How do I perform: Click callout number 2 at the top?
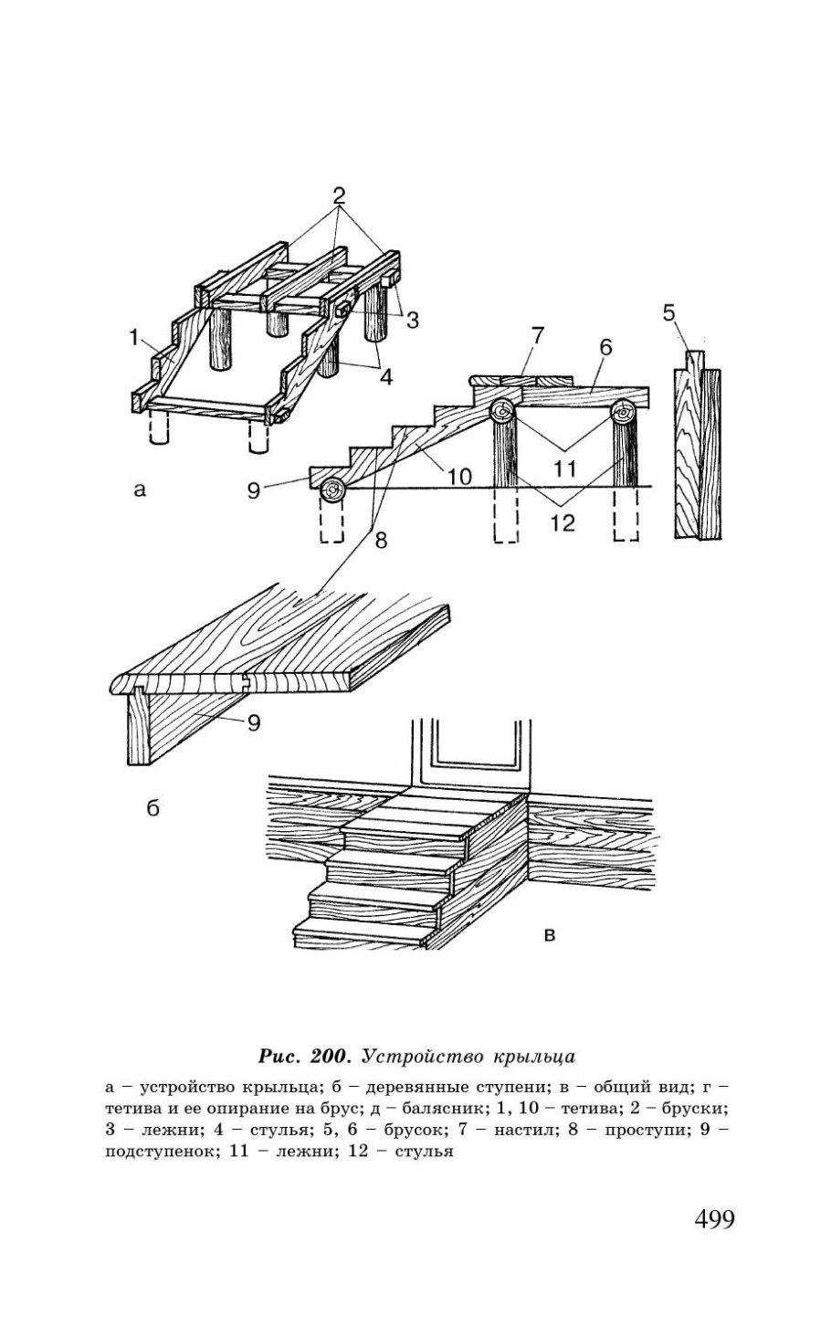(x=340, y=195)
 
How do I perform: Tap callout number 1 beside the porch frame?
(x=134, y=338)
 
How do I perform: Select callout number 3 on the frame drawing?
(x=413, y=320)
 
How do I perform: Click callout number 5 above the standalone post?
(x=669, y=314)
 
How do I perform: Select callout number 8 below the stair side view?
(x=380, y=539)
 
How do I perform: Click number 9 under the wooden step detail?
(x=253, y=722)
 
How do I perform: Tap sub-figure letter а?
(x=139, y=490)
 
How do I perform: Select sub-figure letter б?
(x=153, y=807)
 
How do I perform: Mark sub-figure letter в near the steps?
(x=550, y=933)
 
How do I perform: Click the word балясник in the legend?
(x=483, y=1108)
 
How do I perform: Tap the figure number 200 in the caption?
(x=332, y=1057)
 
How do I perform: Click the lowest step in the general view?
(x=365, y=931)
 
